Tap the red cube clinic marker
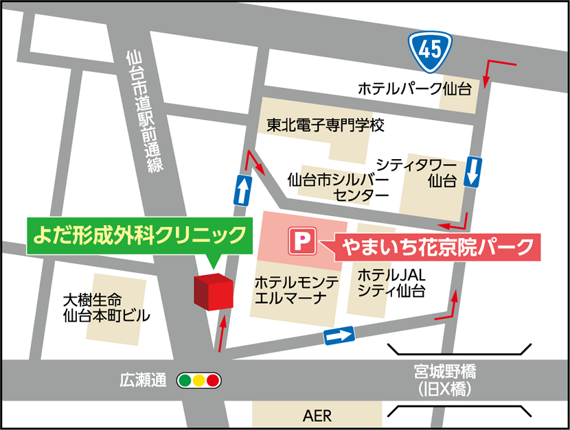(x=213, y=292)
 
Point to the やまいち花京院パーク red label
(x=437, y=245)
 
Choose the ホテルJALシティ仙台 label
(x=391, y=283)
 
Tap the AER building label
(x=317, y=416)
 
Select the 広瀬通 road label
(x=143, y=380)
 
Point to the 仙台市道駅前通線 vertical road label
(x=143, y=113)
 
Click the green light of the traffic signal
(x=185, y=380)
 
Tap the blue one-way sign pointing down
(x=472, y=172)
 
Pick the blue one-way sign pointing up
(x=242, y=190)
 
